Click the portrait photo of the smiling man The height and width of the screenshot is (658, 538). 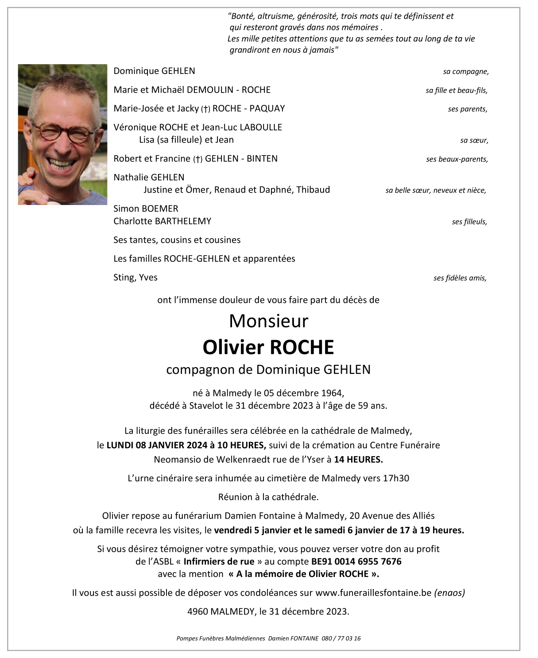coord(62,135)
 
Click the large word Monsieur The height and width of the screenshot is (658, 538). coord(268,321)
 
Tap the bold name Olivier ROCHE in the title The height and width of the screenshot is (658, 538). coord(268,347)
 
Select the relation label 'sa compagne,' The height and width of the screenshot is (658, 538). coord(466,72)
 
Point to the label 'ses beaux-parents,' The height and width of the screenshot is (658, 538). coord(457,159)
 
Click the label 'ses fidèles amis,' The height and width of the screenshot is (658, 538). coord(460,278)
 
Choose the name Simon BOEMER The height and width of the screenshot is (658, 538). coord(146,209)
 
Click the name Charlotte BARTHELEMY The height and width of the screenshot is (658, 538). coord(162,221)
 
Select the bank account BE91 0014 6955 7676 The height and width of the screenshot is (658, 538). coord(356,561)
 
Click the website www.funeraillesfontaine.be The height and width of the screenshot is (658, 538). coord(373,593)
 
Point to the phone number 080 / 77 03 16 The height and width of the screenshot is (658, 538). coord(341,639)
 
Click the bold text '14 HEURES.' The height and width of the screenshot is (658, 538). coord(358,460)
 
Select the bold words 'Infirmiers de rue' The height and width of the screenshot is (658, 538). coord(219,561)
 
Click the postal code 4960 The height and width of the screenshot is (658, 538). coord(197,612)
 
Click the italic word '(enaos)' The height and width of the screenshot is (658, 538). coord(449,593)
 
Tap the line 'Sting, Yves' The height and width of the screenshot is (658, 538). coord(135,278)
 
